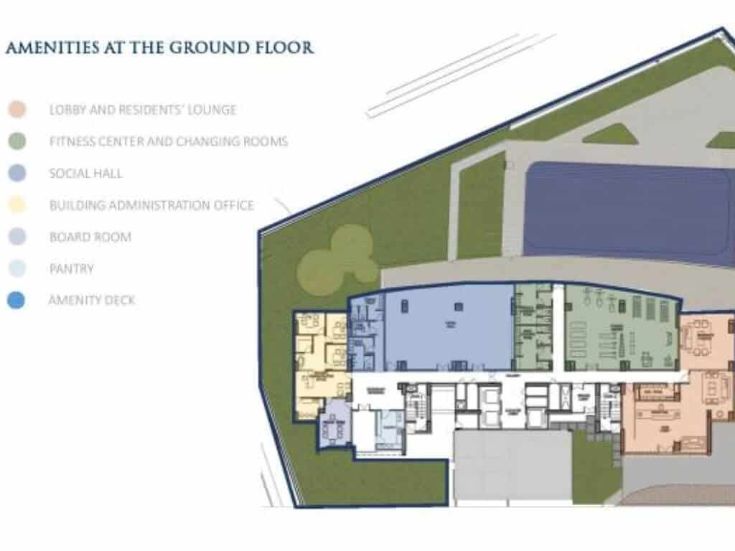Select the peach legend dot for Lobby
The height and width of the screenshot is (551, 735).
(17, 110)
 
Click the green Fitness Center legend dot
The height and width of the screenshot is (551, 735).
(17, 141)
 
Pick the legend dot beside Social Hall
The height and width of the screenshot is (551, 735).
(17, 173)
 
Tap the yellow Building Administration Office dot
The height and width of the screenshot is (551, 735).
(17, 205)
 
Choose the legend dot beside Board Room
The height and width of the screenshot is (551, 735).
(17, 237)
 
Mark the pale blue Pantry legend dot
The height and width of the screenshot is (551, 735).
(17, 269)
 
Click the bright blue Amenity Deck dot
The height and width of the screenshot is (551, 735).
(17, 301)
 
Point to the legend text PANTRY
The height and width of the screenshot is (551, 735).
(72, 269)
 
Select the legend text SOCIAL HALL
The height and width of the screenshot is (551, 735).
(86, 173)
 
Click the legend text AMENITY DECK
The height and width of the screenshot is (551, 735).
(91, 301)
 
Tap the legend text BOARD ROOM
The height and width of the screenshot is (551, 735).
(90, 237)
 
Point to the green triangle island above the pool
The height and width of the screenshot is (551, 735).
(610, 134)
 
